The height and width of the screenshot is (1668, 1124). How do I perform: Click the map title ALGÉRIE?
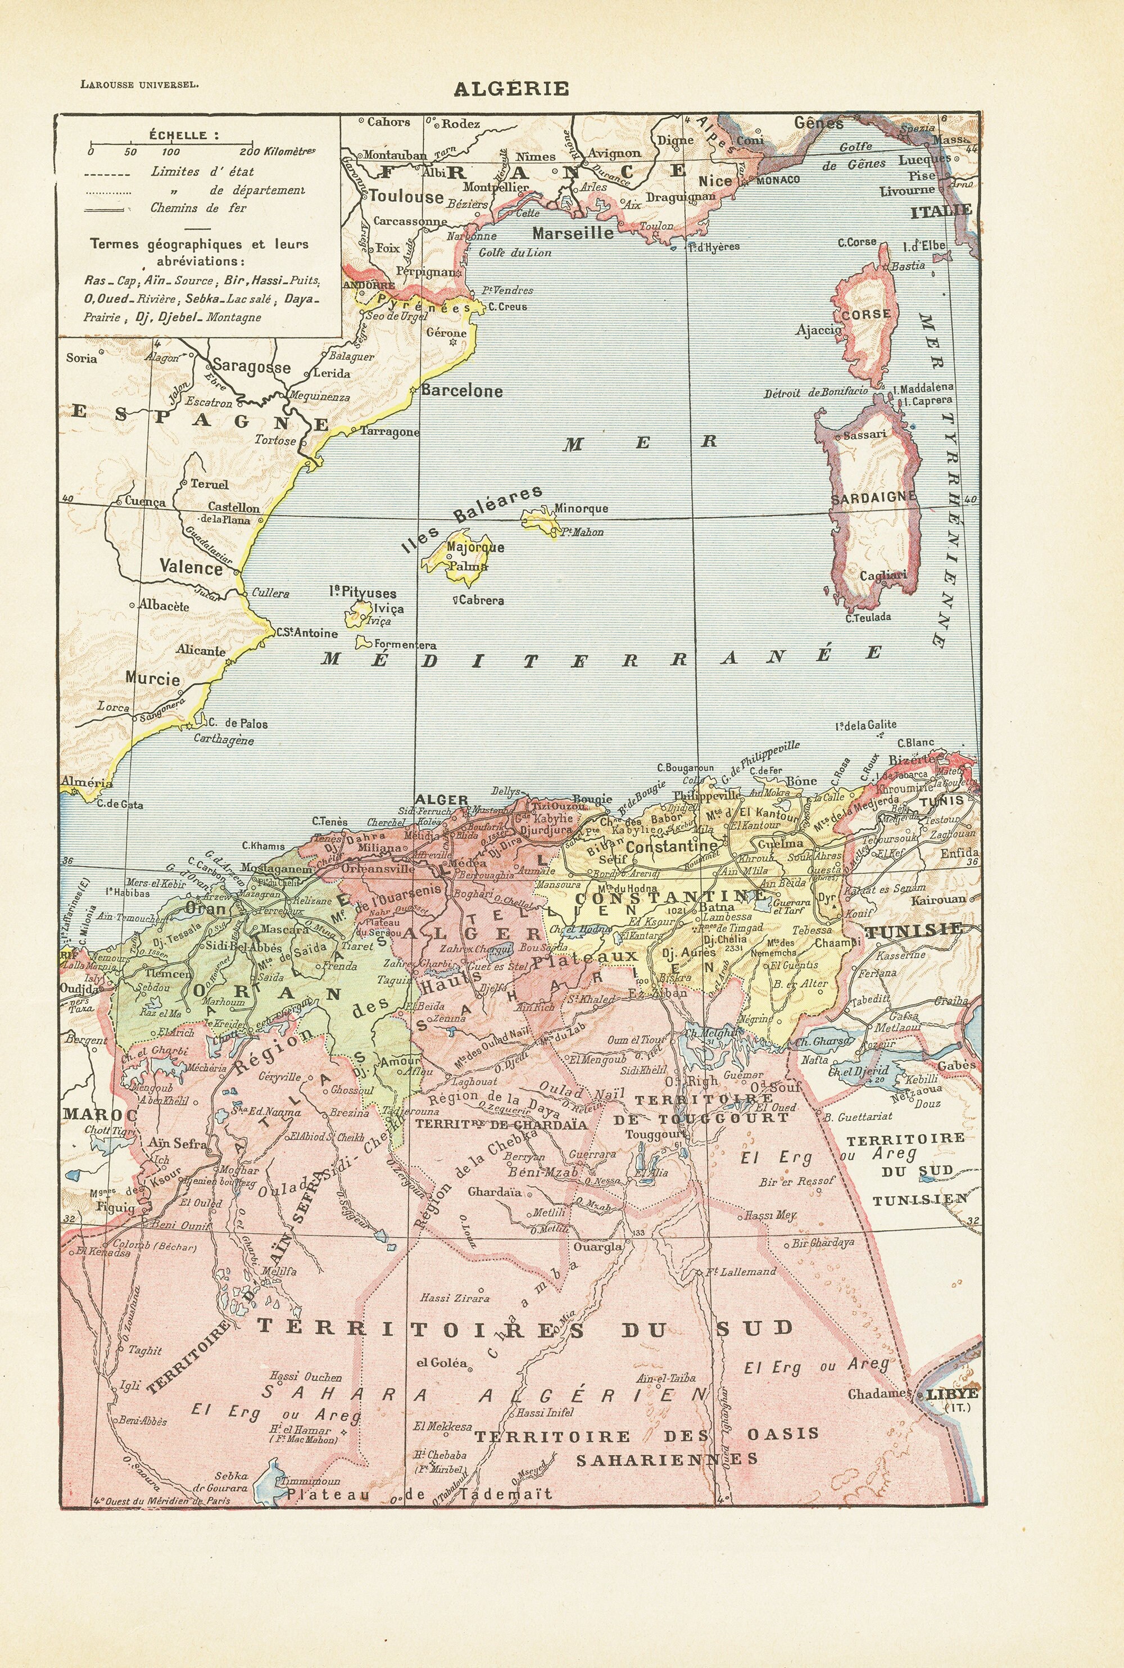(510, 88)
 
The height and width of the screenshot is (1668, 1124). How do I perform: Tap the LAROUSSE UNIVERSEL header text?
(140, 83)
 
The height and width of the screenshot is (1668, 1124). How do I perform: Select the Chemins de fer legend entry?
(198, 208)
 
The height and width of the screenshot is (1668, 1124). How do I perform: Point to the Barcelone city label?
(461, 391)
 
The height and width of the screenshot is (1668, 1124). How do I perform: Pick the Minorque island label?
(581, 508)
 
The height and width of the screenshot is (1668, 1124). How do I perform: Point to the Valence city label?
(191, 568)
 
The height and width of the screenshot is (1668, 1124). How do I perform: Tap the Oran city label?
(205, 907)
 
